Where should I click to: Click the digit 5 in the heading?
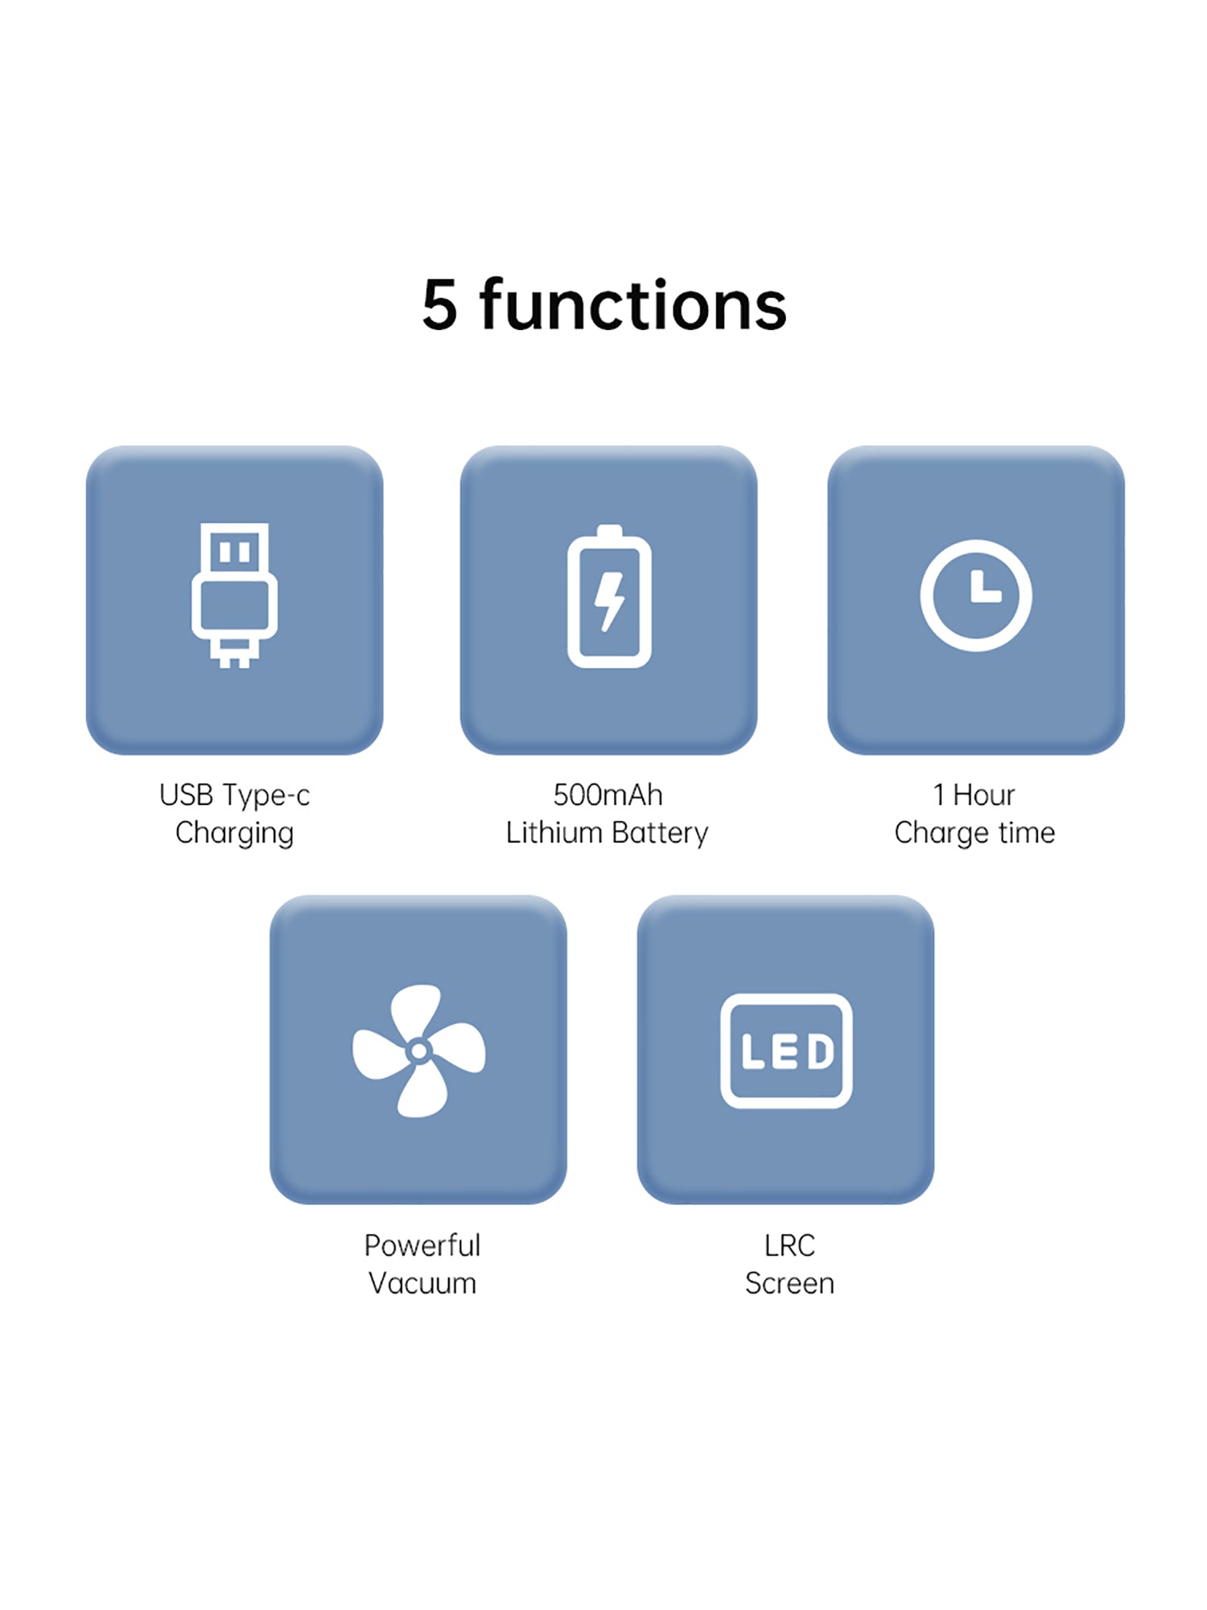point(439,305)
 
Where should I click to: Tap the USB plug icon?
point(234,595)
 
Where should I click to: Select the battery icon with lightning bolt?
point(609,596)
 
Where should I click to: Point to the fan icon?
point(418,1051)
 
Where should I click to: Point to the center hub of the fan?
point(418,1051)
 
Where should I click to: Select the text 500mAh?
point(608,795)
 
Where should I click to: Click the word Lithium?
point(554,832)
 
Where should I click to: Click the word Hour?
point(983,795)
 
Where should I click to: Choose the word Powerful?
point(422,1245)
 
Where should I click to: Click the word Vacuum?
point(422,1283)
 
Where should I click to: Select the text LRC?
point(789,1245)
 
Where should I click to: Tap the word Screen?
point(789,1283)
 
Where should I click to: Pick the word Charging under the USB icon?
point(234,834)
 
